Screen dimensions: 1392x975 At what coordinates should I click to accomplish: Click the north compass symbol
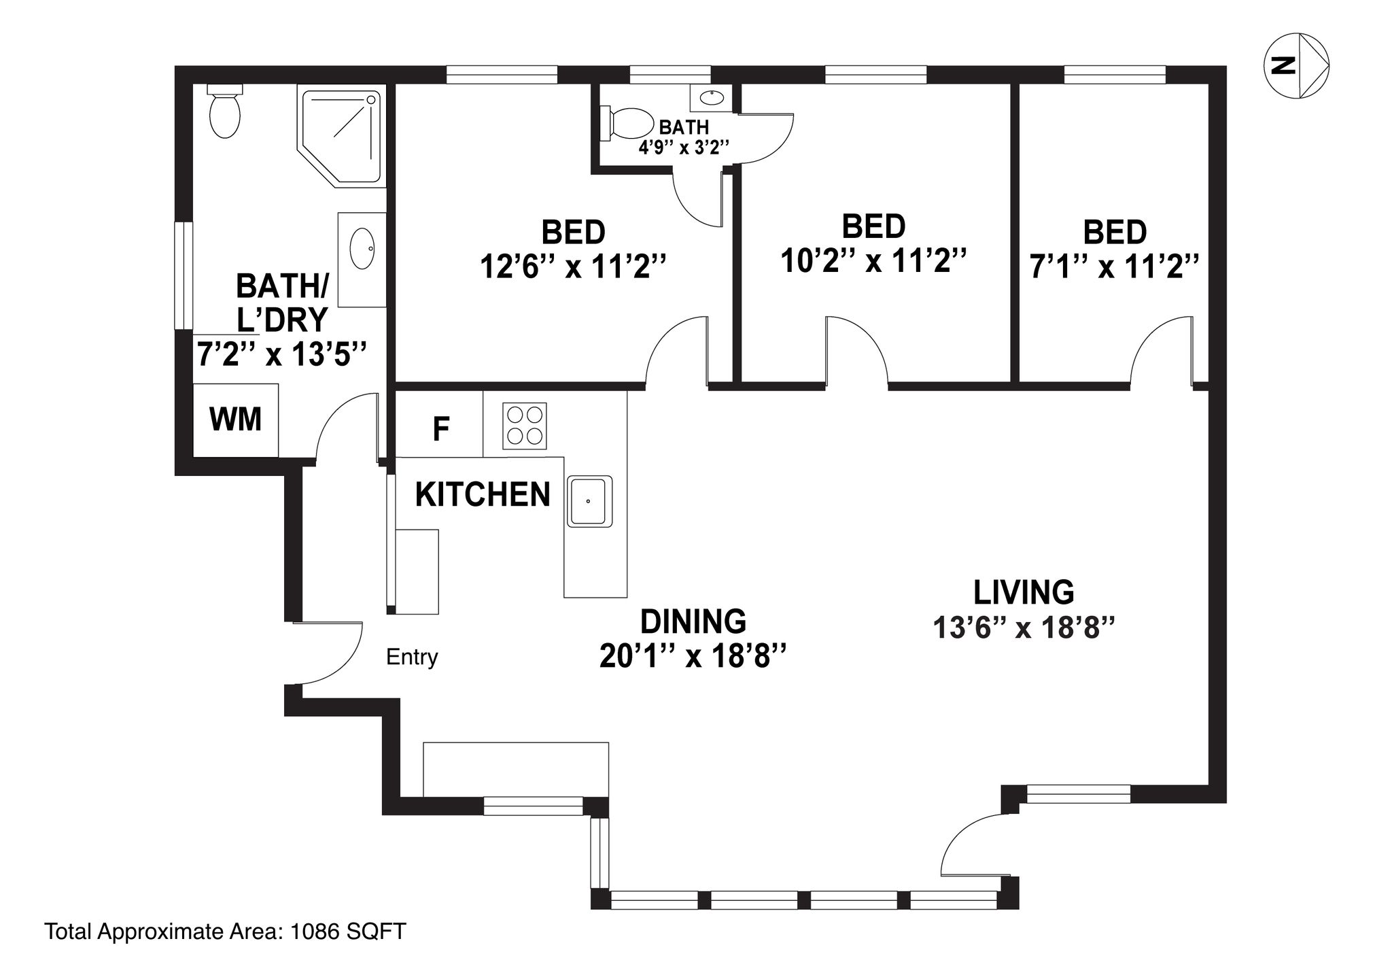point(1296,66)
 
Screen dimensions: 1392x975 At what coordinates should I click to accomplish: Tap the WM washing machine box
point(236,420)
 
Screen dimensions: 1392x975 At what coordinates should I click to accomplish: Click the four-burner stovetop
point(525,426)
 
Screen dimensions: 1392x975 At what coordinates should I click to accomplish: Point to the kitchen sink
point(589,501)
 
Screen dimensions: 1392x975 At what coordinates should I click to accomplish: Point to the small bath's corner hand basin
point(711,98)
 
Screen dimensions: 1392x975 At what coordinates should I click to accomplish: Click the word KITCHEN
point(483,494)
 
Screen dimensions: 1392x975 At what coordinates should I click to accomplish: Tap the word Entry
point(412,657)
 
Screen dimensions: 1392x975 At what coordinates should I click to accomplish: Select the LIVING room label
point(1024,592)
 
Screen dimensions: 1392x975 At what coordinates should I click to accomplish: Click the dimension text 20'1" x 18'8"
point(693,657)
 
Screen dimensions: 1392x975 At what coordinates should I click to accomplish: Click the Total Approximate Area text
point(225,931)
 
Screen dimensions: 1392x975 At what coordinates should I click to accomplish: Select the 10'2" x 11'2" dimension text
point(873,260)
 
